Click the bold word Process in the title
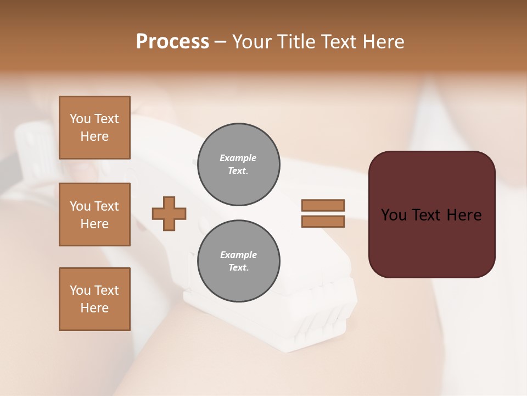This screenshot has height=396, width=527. click(172, 42)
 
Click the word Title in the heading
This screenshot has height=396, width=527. click(295, 42)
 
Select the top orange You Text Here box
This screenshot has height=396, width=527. click(94, 128)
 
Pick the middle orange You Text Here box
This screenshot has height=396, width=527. click(94, 215)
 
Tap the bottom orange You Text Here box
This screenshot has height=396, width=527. click(94, 299)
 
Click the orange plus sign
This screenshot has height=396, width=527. click(169, 213)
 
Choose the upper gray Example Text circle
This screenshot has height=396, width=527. click(239, 164)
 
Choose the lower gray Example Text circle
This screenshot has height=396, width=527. click(239, 261)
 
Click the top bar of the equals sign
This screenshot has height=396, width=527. click(323, 205)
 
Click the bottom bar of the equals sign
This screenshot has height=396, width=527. click(323, 222)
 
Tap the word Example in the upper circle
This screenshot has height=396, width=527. click(238, 158)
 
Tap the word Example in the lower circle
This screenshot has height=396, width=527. click(238, 255)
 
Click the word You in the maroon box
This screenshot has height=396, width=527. click(394, 215)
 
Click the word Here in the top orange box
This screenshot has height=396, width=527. click(94, 136)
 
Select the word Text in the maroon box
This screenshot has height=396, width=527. click(427, 215)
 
